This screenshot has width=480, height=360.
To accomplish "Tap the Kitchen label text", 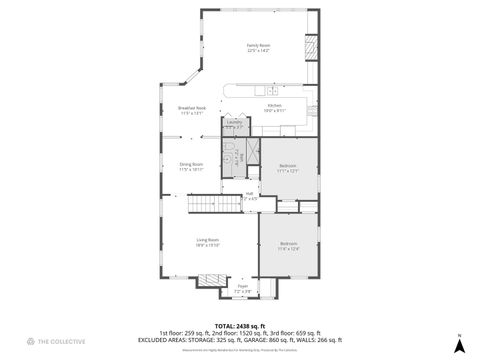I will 273,106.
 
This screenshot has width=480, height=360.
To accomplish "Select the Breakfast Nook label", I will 191,110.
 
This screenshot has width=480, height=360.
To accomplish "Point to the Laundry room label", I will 234,125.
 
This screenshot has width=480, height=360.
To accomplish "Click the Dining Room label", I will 191,166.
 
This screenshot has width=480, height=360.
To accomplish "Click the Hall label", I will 249,196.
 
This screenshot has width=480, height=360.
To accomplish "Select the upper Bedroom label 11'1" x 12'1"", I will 287,167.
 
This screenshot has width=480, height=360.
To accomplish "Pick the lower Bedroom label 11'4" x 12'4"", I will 288,246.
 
